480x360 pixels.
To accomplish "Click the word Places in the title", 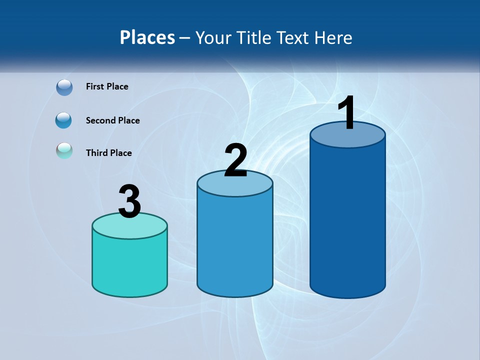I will point(147,37).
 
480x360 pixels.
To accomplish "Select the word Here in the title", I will point(333,37).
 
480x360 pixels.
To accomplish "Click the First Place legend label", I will point(107,86).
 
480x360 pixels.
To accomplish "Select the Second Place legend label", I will point(112,120).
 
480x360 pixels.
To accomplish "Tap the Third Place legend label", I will point(108,153).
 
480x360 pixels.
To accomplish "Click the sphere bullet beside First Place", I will point(64,87).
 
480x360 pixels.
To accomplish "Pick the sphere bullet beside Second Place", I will point(64,120).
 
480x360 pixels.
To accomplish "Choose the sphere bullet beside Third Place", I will point(64,150).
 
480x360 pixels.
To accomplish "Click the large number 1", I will point(346,113).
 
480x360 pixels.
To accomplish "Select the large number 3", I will point(129,201).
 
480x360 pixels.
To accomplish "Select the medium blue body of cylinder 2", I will point(235,245).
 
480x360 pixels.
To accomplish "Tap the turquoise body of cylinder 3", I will point(129,265).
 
